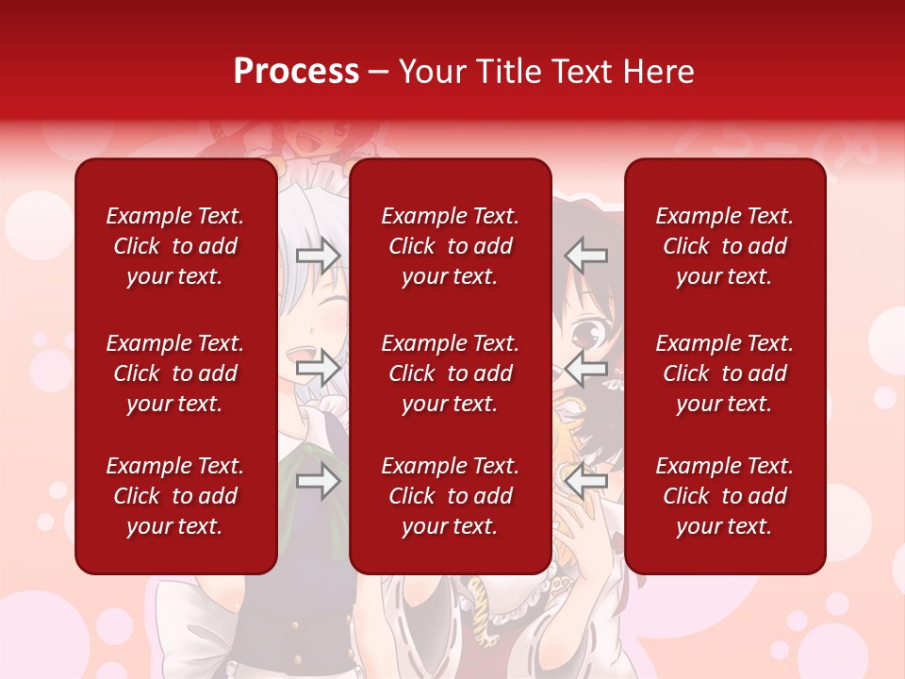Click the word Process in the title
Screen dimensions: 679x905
[296, 72]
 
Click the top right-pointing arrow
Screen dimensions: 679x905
[319, 256]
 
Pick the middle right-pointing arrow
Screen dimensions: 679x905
[319, 369]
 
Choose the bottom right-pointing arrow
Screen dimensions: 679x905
[319, 482]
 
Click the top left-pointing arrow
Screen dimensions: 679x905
[586, 256]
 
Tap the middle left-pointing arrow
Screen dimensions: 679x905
[586, 369]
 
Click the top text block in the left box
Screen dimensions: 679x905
[175, 246]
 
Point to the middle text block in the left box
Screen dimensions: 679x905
[175, 373]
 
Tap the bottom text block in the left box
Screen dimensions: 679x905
[175, 496]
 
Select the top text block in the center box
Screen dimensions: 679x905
[451, 246]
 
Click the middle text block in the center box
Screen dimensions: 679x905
[451, 373]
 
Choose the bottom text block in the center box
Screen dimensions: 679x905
[451, 496]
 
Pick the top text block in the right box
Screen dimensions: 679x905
[725, 246]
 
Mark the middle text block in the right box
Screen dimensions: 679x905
[725, 373]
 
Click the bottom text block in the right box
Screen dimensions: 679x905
[725, 496]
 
